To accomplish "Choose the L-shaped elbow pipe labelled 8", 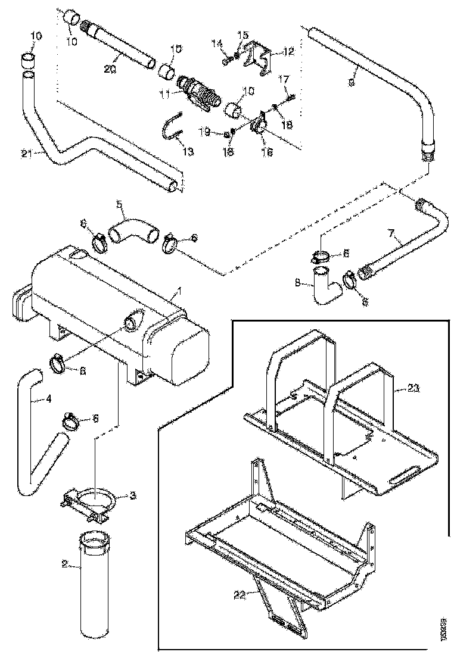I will click(324, 286).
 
